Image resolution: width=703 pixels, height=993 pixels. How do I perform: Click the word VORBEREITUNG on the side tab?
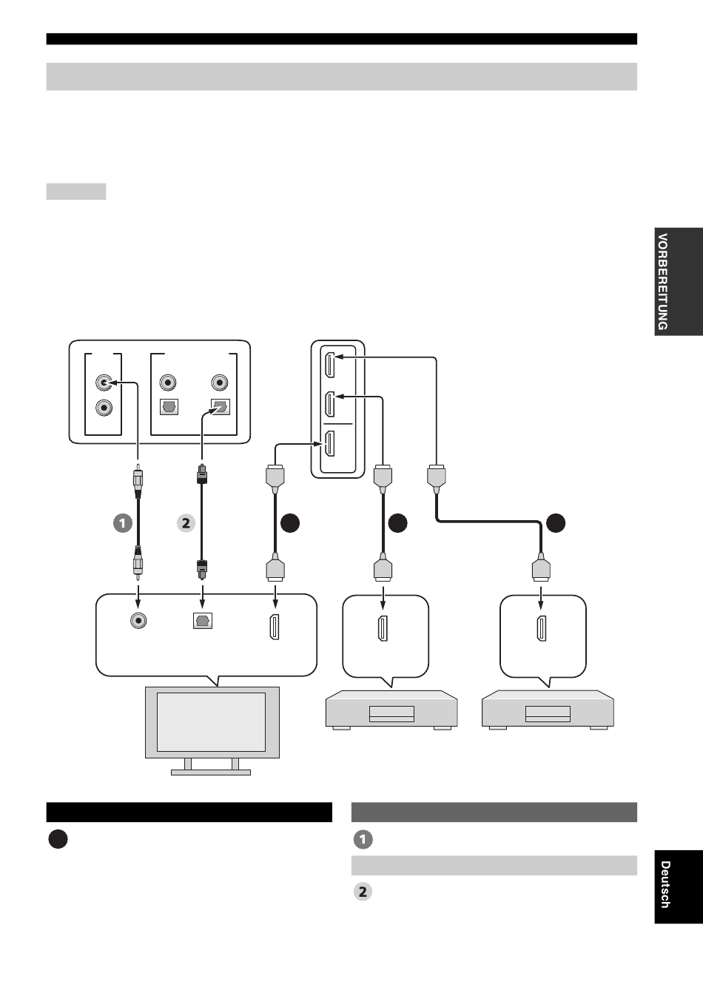(663, 282)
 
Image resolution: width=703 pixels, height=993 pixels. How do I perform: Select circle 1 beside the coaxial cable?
(122, 523)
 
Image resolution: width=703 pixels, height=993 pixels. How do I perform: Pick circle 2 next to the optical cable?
(185, 523)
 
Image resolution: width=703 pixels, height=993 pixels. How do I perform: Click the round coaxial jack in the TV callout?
(137, 622)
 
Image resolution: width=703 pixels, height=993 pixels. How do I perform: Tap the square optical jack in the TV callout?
(202, 622)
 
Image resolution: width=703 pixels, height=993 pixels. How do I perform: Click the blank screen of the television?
(212, 721)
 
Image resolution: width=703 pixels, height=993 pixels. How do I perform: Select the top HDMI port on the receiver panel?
(330, 365)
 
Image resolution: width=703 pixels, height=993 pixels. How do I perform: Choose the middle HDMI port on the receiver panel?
(330, 404)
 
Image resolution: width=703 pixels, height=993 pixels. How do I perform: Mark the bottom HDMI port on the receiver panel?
(330, 444)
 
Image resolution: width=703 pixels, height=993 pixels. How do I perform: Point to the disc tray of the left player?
(391, 714)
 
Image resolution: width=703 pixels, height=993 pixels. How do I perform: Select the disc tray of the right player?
(548, 714)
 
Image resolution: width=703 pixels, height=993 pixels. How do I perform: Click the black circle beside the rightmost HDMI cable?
(556, 523)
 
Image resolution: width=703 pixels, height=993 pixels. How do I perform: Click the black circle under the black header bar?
(58, 840)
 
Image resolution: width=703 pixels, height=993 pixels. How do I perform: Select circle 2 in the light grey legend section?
(363, 892)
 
